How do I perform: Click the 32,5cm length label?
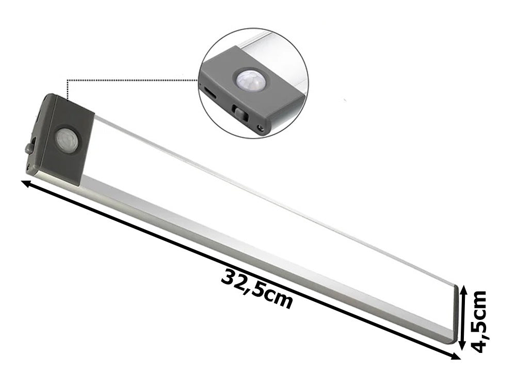click(x=257, y=289)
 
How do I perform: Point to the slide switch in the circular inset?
click(x=238, y=110)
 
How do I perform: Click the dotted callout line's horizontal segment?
click(x=134, y=80)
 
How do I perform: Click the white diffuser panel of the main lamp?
click(x=258, y=206)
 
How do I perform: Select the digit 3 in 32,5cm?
click(x=230, y=277)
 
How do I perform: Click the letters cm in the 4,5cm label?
click(x=479, y=302)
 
